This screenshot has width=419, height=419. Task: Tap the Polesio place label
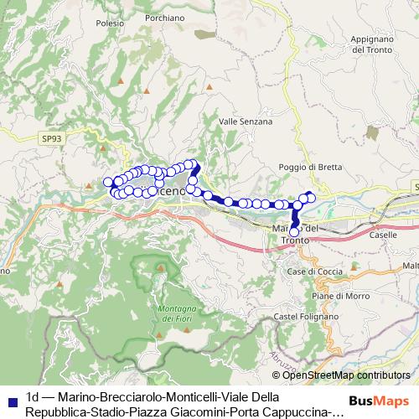[x=110, y=24]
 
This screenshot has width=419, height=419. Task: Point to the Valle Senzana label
[x=245, y=122]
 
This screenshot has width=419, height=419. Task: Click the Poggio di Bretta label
[x=310, y=167]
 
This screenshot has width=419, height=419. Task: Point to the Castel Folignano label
[x=297, y=316]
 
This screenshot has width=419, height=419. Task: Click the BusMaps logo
[x=381, y=401]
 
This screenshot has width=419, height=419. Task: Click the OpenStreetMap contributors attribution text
[x=346, y=375]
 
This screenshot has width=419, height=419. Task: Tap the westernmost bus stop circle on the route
[x=106, y=183]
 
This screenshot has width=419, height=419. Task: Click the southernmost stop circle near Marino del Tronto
[x=294, y=232]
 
